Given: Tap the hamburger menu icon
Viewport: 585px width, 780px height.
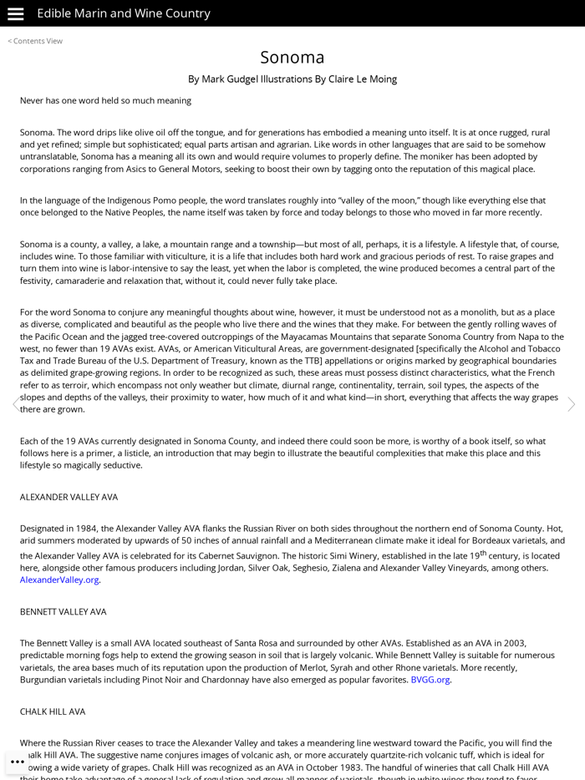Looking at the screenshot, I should coord(15,13).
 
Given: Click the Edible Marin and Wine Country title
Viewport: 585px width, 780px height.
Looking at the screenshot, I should coord(124,13).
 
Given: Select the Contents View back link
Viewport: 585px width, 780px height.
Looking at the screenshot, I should coord(35,41).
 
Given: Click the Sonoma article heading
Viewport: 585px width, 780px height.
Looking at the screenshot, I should coord(292,57).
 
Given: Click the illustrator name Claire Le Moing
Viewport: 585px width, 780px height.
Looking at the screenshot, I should coord(363,79).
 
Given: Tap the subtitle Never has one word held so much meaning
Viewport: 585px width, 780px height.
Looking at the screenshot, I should coord(105,100).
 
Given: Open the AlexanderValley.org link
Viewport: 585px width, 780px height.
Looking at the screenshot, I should coord(59,580).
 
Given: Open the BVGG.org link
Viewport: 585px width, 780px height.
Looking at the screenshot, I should coord(430,680).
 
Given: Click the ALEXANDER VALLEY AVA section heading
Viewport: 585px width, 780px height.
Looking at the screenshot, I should coord(69,497).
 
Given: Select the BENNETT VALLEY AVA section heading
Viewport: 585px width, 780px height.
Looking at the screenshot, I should coord(64,611).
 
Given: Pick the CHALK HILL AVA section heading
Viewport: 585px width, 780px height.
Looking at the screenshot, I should coord(53,712).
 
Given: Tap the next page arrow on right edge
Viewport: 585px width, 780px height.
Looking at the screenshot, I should coord(571,404).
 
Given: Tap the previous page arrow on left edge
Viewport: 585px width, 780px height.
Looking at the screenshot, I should coord(14,404).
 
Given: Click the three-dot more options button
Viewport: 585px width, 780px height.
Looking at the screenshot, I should coord(18,762).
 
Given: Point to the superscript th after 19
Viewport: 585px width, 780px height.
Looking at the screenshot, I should coord(483,552).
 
